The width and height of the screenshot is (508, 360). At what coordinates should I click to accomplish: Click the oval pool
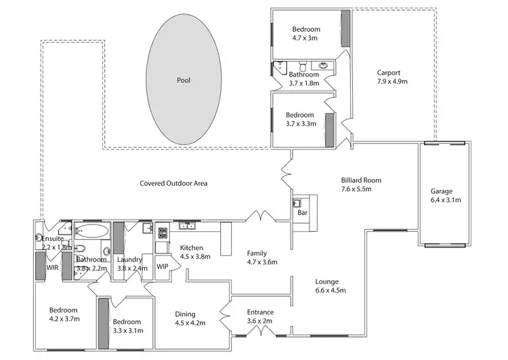tap(184, 80)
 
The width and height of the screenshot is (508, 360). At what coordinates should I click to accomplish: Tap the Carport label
tap(389, 73)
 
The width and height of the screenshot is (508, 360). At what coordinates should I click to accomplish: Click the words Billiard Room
tap(361, 180)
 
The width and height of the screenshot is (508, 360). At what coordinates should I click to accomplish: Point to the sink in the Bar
tap(297, 203)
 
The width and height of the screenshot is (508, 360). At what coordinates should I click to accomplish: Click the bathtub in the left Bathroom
tap(89, 231)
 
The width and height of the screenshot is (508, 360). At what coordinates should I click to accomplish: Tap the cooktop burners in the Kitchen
tap(163, 233)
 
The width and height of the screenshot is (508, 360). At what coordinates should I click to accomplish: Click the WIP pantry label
tap(163, 266)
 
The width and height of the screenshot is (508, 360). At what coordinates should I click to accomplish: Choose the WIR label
tap(52, 268)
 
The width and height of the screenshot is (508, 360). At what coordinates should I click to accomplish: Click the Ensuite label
tap(52, 239)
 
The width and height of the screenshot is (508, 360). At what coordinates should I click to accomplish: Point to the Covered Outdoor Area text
tap(173, 183)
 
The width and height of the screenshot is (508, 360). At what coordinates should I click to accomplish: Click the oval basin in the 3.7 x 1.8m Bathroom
tap(324, 66)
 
